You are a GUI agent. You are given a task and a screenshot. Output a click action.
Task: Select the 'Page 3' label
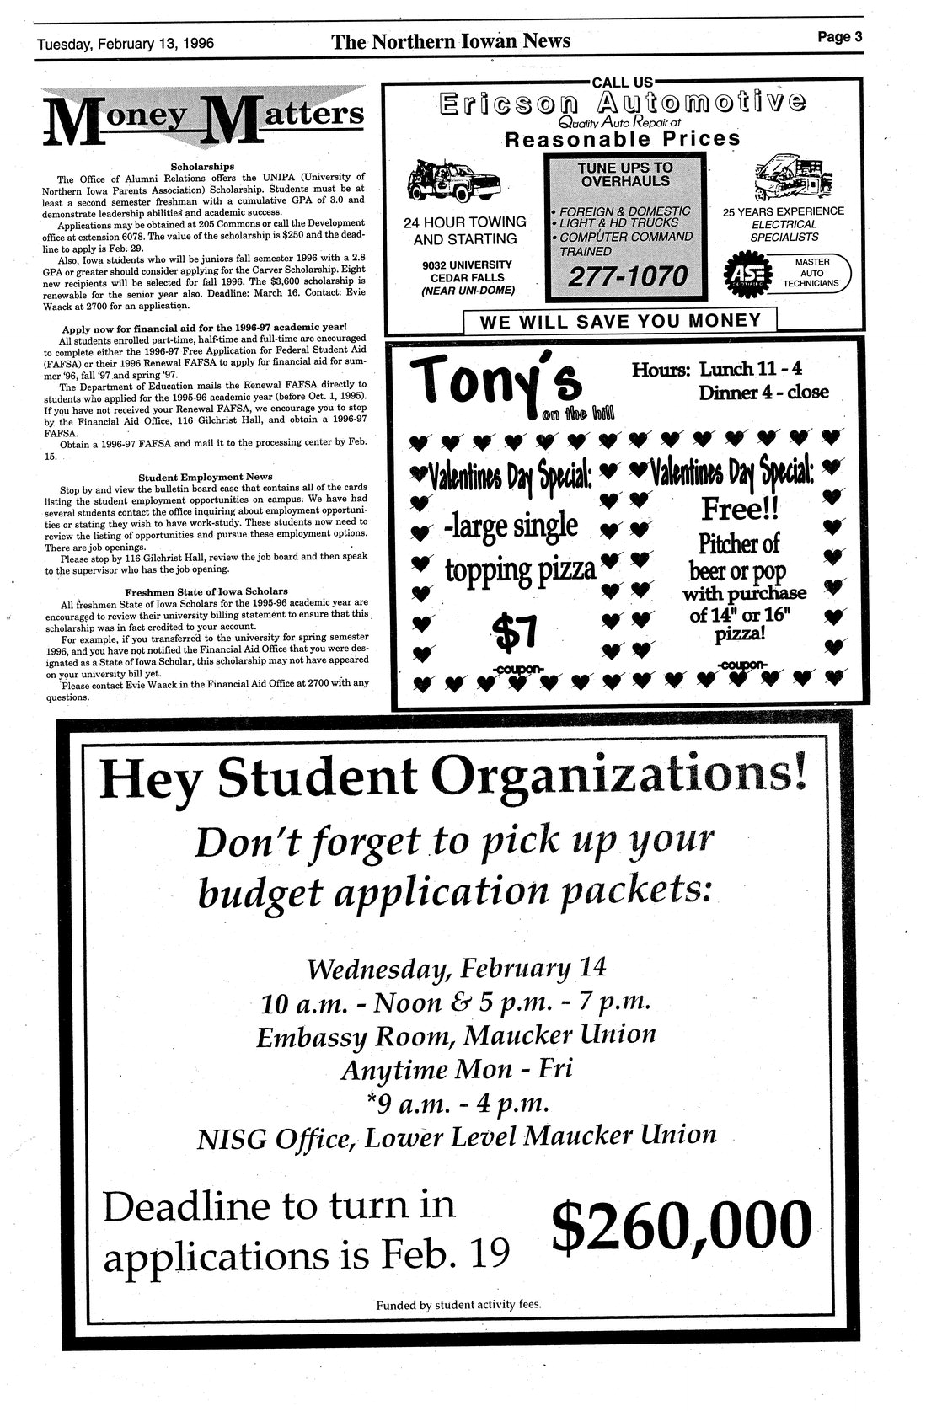839,36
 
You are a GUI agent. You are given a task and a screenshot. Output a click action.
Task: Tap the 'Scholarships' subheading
202,166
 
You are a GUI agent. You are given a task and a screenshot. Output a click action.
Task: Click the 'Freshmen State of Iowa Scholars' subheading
206,591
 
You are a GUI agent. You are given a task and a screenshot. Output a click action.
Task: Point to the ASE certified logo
745,275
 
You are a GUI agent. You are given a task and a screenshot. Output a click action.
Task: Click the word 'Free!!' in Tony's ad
740,508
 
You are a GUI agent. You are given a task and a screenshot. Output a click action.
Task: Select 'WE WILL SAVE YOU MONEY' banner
619,321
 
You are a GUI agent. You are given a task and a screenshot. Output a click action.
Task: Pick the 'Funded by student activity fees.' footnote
458,1306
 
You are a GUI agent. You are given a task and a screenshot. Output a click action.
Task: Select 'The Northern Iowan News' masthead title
451,41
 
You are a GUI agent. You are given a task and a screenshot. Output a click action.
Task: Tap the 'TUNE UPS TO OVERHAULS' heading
624,174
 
